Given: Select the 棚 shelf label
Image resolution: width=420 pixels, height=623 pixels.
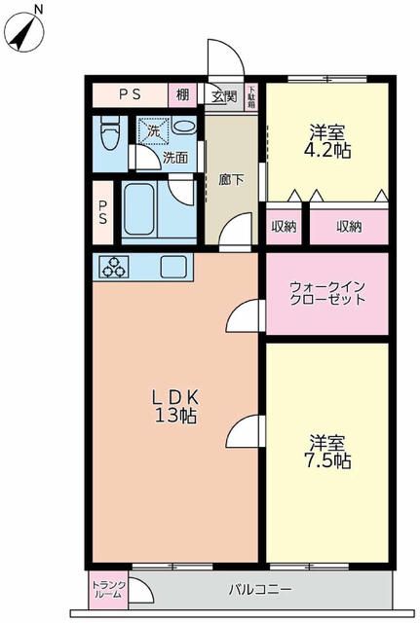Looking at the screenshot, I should [x=182, y=95].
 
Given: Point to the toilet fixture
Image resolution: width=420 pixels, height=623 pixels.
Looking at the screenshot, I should [x=110, y=133].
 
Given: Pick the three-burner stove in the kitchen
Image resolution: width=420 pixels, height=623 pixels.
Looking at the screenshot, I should [x=112, y=266].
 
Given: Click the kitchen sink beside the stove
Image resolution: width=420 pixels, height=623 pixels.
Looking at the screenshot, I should [x=175, y=266].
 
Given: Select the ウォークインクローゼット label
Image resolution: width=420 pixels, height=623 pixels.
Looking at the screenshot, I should [x=327, y=293].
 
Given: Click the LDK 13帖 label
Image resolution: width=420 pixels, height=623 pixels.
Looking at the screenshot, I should [x=174, y=407].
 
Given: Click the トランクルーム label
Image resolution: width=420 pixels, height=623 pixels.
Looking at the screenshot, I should [x=106, y=589].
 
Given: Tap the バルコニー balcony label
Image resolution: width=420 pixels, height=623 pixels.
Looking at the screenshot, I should [x=260, y=590].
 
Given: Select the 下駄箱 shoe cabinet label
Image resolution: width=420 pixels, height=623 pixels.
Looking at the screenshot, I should [x=251, y=95].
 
